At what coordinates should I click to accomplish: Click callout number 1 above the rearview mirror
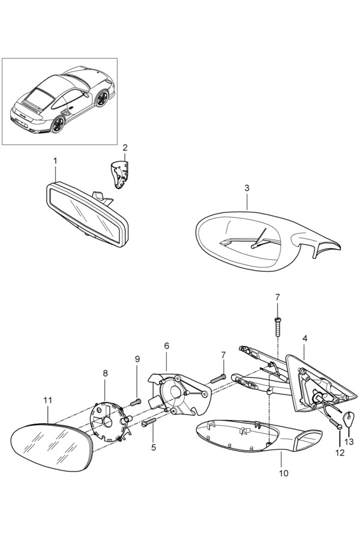[55, 161]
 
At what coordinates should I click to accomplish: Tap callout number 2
[125, 148]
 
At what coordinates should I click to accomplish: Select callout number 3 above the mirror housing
[247, 188]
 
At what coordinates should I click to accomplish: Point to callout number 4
[305, 338]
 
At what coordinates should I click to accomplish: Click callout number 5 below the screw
[153, 447]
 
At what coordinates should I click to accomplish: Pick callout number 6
[167, 346]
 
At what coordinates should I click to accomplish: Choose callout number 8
[106, 373]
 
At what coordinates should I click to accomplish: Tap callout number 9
[137, 359]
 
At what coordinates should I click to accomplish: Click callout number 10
[283, 473]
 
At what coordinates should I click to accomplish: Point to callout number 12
[340, 453]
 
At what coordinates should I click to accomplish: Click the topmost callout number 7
[277, 297]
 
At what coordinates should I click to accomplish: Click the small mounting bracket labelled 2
[122, 174]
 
